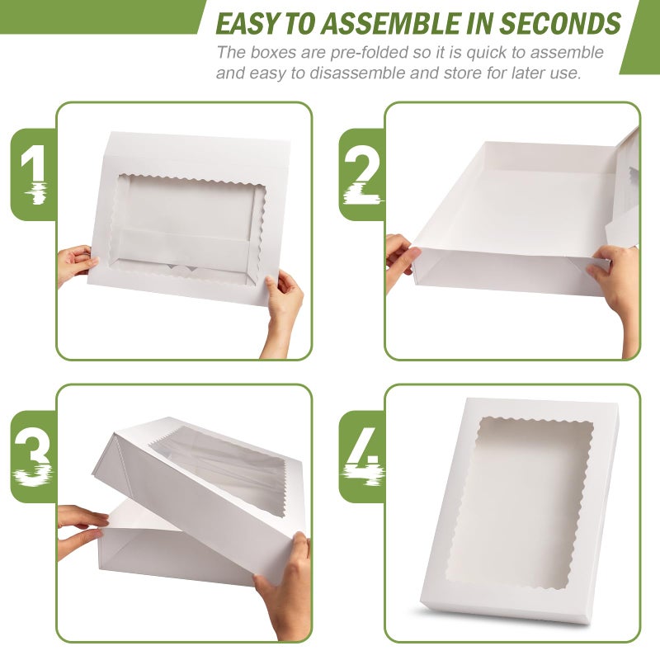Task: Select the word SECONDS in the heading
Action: pos(560,23)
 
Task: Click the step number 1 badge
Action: pos(34,174)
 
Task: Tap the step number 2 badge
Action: pos(362,174)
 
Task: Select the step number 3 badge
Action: pos(34,456)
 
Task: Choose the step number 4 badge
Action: pos(362,456)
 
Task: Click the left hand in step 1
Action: pos(76,265)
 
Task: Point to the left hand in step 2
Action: pos(401,261)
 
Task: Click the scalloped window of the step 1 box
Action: pos(187,228)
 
